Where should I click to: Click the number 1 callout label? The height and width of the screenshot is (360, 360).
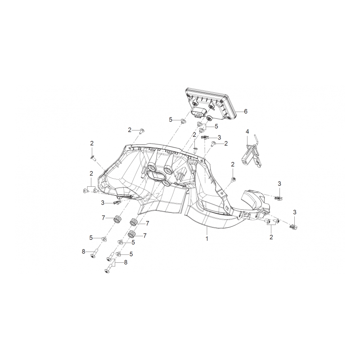pos(207,238)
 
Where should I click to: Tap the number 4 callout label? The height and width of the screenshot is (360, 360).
pos(247,131)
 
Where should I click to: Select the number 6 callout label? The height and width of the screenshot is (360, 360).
pos(246,111)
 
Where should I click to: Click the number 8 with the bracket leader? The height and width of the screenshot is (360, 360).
pos(126,262)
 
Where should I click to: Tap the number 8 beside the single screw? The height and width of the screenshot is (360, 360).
pos(83,252)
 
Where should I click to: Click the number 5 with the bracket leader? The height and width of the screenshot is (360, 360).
pos(216,126)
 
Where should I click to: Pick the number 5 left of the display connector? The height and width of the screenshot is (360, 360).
pos(171,120)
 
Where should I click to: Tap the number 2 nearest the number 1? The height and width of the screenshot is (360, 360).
pos(271,237)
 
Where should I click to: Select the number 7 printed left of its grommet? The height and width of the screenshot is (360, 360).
pos(103,218)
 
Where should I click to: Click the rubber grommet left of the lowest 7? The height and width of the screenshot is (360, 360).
pos(131,234)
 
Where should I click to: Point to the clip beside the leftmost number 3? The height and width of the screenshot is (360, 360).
pos(117,202)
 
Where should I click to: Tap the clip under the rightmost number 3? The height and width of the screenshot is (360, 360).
pos(294,227)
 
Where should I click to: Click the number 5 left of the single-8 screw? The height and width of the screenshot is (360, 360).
pos(91,238)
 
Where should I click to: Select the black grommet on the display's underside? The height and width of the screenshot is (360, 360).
pos(209,118)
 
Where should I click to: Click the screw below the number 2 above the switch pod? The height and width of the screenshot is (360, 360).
pos(234,179)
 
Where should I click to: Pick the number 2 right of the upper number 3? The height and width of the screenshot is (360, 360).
pos(226,144)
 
